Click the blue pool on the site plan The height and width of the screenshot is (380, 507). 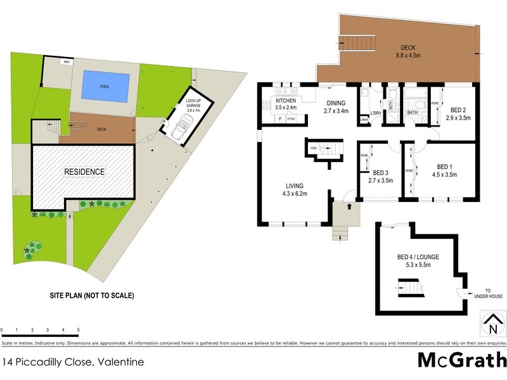click(x=105, y=87)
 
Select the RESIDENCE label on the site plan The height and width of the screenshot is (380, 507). click(x=84, y=172)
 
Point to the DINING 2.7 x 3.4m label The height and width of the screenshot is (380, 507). click(x=336, y=108)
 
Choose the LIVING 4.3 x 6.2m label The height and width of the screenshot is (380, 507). click(x=295, y=190)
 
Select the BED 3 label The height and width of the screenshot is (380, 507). click(x=380, y=176)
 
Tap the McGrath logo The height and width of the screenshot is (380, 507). click(x=461, y=360)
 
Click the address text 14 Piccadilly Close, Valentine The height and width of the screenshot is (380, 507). click(x=73, y=362)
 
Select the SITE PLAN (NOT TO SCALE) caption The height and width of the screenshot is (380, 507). click(x=92, y=295)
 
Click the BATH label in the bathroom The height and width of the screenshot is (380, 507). click(x=413, y=113)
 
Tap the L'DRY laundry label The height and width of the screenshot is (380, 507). click(x=375, y=113)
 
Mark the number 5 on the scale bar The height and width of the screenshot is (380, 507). click(x=78, y=330)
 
